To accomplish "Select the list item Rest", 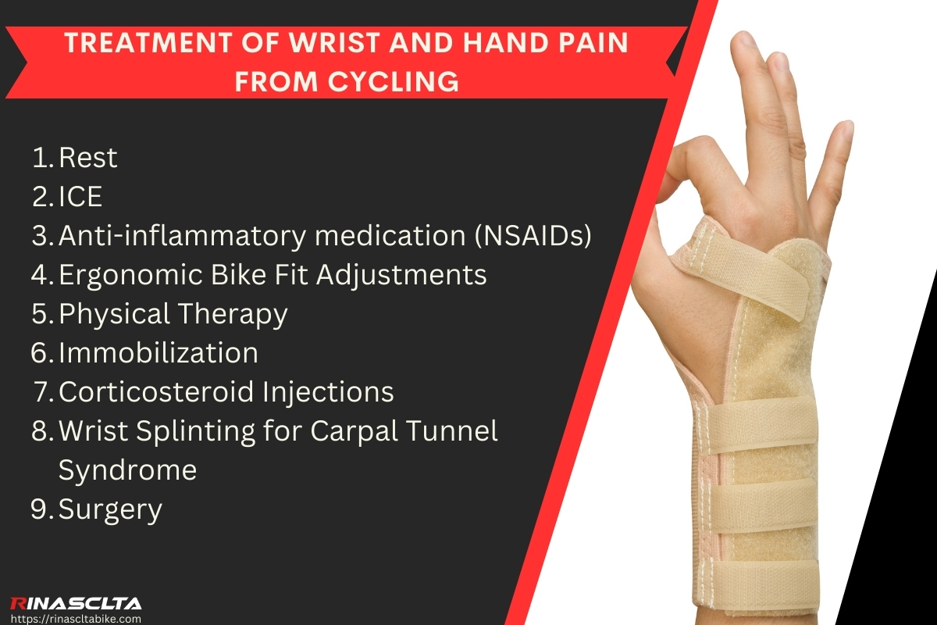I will tap(87, 158).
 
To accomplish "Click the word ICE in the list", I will tap(80, 197).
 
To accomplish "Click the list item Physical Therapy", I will tap(173, 314).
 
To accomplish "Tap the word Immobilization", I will tap(159, 353).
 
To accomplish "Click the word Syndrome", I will tap(127, 470).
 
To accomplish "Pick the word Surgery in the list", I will tap(110, 509).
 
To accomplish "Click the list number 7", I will tap(44, 392).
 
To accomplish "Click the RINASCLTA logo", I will tap(76, 603).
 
